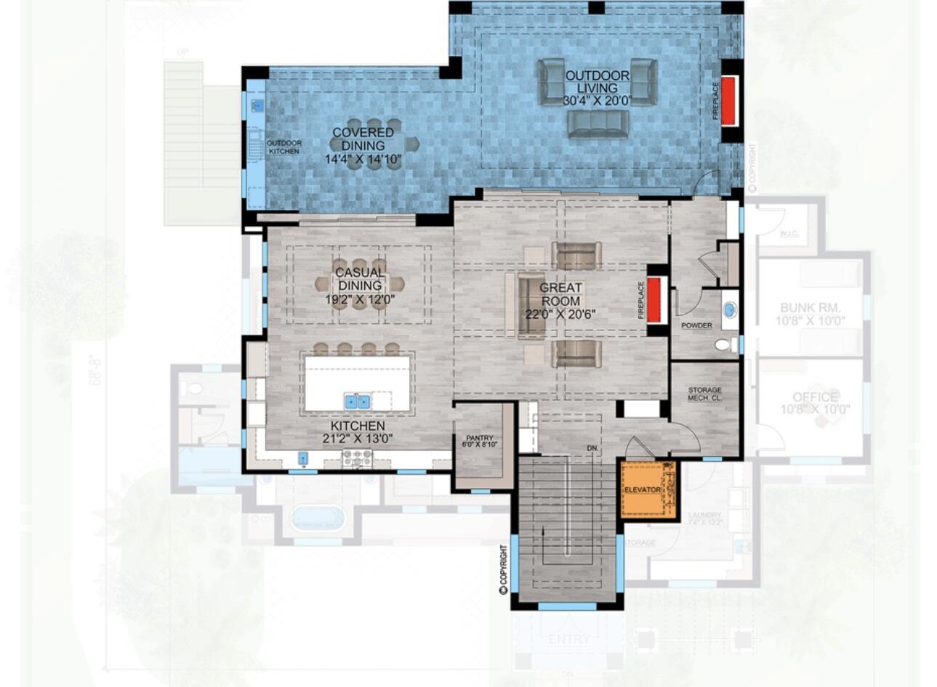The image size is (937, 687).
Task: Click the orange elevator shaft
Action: click(x=647, y=489)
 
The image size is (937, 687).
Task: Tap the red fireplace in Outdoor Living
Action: click(x=730, y=99)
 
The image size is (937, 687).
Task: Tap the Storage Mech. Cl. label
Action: click(x=704, y=394)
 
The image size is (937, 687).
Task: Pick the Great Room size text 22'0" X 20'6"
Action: click(x=560, y=314)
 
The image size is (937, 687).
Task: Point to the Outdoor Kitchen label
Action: click(x=283, y=147)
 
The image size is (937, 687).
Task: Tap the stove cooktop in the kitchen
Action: click(x=358, y=458)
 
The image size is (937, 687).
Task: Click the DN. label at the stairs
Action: click(x=593, y=448)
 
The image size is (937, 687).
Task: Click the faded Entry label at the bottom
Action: click(x=569, y=639)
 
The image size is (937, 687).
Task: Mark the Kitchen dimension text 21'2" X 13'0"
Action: click(x=357, y=438)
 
